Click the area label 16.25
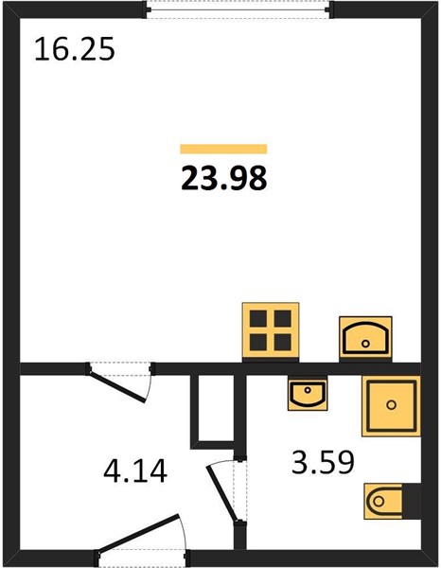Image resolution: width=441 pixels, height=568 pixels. [x=75, y=49]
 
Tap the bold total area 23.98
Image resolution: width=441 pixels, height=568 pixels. [x=223, y=178]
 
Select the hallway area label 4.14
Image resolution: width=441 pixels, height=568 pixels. [x=135, y=470]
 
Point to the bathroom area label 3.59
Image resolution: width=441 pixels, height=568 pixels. [x=323, y=462]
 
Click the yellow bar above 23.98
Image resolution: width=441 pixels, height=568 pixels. [x=223, y=149]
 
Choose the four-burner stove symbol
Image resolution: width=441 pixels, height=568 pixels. [x=271, y=331]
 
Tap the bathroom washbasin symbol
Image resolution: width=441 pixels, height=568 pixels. [x=308, y=394]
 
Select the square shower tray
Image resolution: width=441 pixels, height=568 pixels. [x=391, y=406]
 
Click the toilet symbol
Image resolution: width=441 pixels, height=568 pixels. [x=384, y=501]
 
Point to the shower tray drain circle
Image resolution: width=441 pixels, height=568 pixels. [x=391, y=404]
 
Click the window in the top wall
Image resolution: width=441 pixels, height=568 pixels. [x=239, y=9]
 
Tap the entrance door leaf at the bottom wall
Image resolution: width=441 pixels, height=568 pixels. [x=140, y=532]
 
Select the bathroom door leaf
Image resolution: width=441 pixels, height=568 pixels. [x=221, y=494]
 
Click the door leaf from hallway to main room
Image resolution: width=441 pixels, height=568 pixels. [x=118, y=386]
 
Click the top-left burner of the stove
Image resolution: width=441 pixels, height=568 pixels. [x=258, y=319]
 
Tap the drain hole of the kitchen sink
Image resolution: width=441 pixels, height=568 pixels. [x=365, y=344]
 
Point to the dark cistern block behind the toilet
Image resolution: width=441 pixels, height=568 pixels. [x=412, y=501]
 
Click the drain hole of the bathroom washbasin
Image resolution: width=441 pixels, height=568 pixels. [x=308, y=390]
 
